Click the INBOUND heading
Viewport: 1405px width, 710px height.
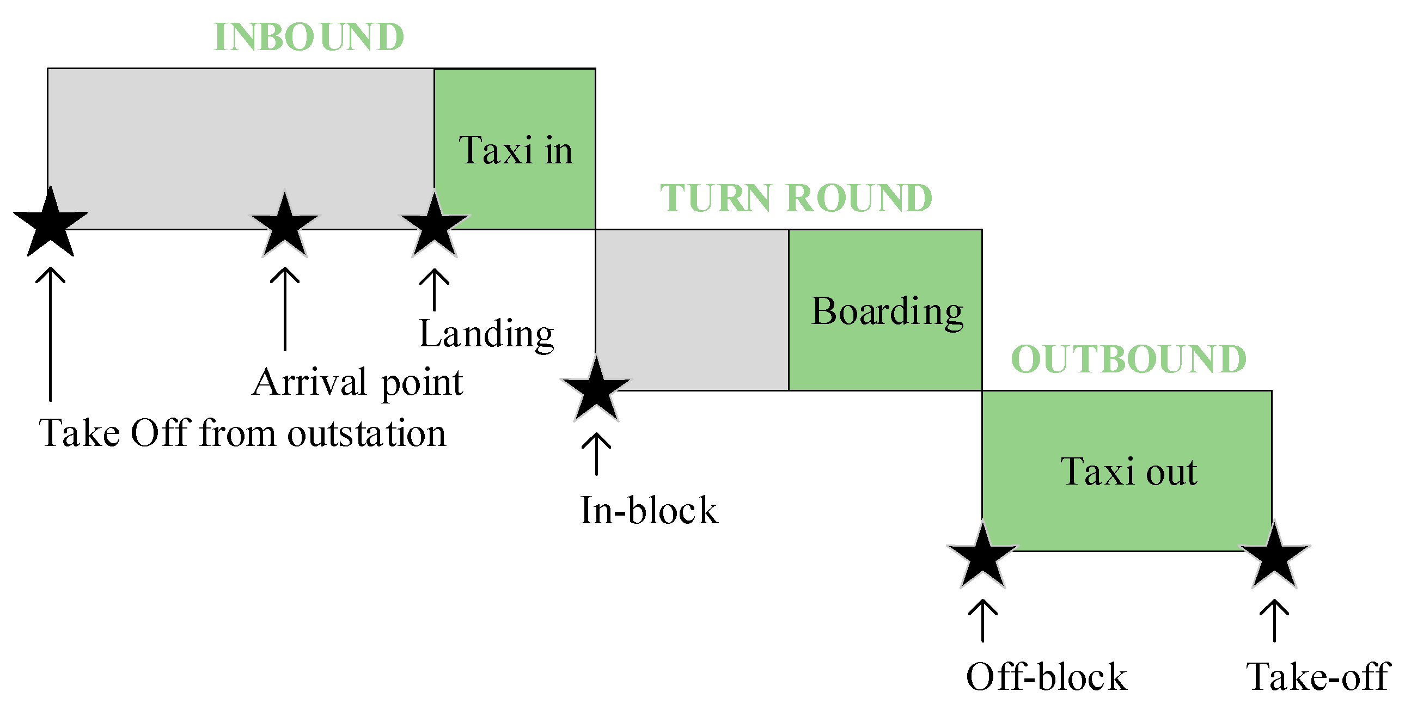click(x=309, y=38)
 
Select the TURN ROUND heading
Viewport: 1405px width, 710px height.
click(x=796, y=198)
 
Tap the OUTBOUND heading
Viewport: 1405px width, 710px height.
click(x=1128, y=359)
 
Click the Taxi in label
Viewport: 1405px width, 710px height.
click(x=515, y=150)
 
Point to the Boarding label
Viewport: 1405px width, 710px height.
click(x=887, y=312)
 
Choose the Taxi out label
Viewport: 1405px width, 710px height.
click(x=1128, y=472)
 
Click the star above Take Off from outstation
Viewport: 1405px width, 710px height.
click(x=51, y=224)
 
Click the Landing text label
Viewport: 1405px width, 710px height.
click(x=486, y=334)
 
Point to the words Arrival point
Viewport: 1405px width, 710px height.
click(x=357, y=383)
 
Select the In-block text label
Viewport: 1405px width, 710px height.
click(x=649, y=511)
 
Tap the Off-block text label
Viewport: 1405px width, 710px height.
click(x=1046, y=677)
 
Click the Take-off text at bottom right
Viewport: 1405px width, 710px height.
click(x=1318, y=677)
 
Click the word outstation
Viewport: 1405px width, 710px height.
click(x=366, y=434)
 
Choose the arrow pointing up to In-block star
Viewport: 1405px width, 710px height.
click(x=596, y=454)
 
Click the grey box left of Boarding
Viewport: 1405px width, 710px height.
click(x=692, y=310)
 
